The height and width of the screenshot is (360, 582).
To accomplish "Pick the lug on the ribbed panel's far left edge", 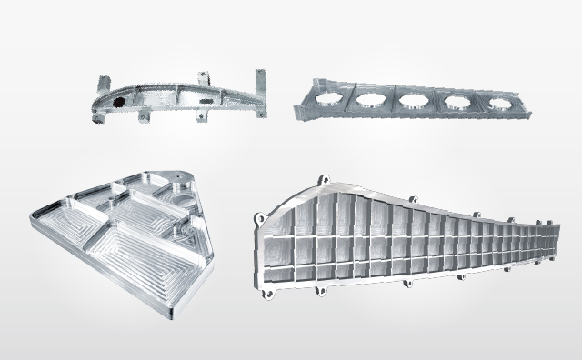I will [259, 219].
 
